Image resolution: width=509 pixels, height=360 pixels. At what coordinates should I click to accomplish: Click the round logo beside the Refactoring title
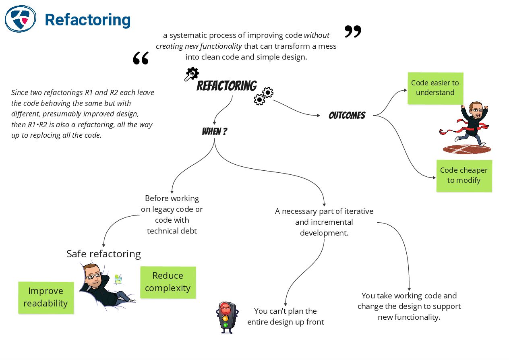tap(21, 19)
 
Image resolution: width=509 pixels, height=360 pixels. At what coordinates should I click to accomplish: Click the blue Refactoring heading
tap(87, 20)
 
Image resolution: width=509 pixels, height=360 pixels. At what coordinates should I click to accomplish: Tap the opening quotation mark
tap(141, 58)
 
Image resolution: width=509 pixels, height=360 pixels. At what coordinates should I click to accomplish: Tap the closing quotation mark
tap(353, 31)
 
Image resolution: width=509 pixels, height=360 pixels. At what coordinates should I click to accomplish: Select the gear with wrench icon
tap(191, 74)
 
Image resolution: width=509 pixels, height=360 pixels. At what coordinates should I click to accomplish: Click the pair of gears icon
tap(263, 96)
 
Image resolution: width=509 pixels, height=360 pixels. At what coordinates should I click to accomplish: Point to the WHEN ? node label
tap(214, 132)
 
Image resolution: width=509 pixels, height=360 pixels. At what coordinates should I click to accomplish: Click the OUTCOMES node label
tap(347, 116)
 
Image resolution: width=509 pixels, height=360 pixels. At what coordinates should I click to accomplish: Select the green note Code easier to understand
tap(435, 88)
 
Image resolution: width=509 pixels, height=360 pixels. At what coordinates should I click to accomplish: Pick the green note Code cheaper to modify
tap(464, 176)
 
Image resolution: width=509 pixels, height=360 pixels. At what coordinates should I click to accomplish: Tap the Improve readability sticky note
tap(46, 297)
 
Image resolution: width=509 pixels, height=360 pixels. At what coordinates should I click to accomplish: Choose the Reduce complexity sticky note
tap(168, 282)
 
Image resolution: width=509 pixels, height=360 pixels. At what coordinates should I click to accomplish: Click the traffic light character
tap(227, 317)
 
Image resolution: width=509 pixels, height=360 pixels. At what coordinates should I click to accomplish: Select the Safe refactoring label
tap(103, 254)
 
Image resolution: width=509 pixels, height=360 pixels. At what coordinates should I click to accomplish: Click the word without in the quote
tap(317, 35)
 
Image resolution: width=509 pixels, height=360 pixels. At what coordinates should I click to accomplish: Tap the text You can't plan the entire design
tap(286, 317)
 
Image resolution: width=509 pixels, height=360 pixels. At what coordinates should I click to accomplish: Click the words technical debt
tap(172, 231)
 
